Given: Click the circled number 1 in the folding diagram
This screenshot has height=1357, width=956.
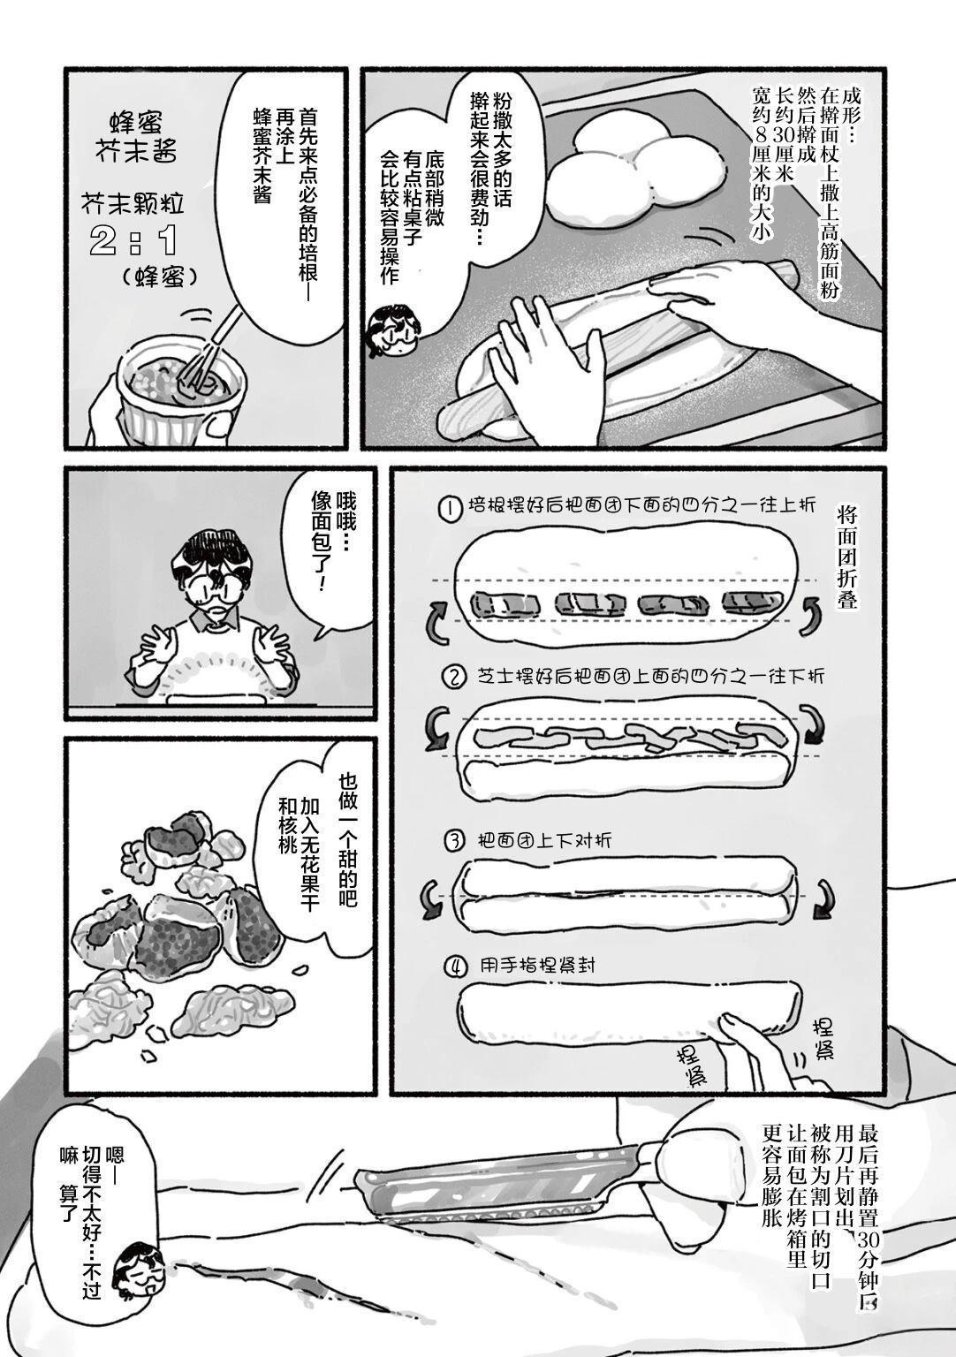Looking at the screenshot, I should tap(451, 510).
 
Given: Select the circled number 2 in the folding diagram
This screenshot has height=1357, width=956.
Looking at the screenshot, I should tap(453, 678).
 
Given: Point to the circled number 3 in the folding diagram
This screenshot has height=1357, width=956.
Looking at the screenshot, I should tap(455, 840).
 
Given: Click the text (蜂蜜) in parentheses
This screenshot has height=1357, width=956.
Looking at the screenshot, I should tap(158, 277).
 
